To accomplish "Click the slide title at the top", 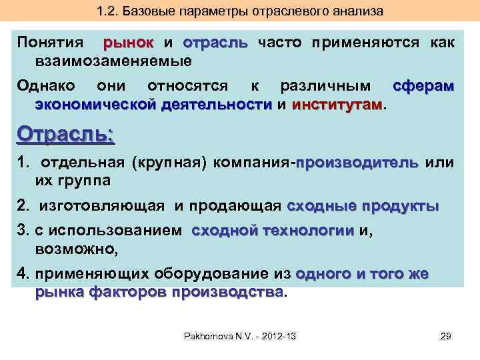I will (x=240, y=12).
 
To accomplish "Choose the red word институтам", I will (x=337, y=105).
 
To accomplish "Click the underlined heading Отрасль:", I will (x=66, y=134).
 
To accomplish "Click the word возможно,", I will (x=76, y=249).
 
